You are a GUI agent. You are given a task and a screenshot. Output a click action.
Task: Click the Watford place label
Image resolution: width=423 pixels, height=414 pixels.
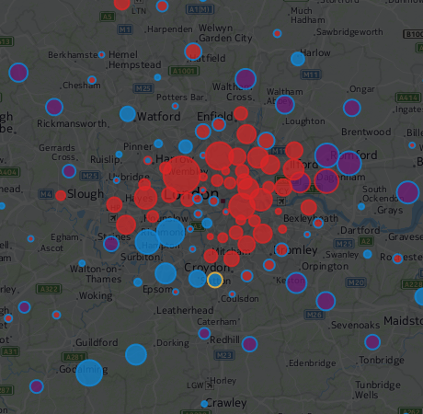pyautogui.click(x=157, y=117)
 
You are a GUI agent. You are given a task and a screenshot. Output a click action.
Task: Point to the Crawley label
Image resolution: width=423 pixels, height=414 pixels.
pyautogui.click(x=225, y=403)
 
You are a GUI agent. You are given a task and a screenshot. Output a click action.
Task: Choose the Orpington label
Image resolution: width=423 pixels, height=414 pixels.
pyautogui.click(x=320, y=266)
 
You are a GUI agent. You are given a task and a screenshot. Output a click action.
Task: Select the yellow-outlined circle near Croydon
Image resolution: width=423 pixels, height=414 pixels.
pyautogui.click(x=214, y=281)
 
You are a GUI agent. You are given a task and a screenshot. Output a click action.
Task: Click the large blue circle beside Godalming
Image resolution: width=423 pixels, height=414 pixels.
pyautogui.click(x=89, y=373)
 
